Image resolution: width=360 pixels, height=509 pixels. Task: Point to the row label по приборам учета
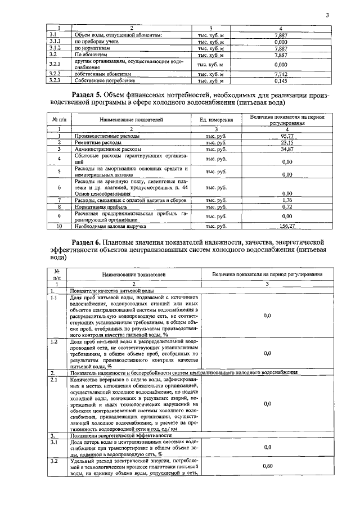tap(92, 42)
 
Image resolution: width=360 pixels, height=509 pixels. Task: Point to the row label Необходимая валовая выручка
tap(108, 226)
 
